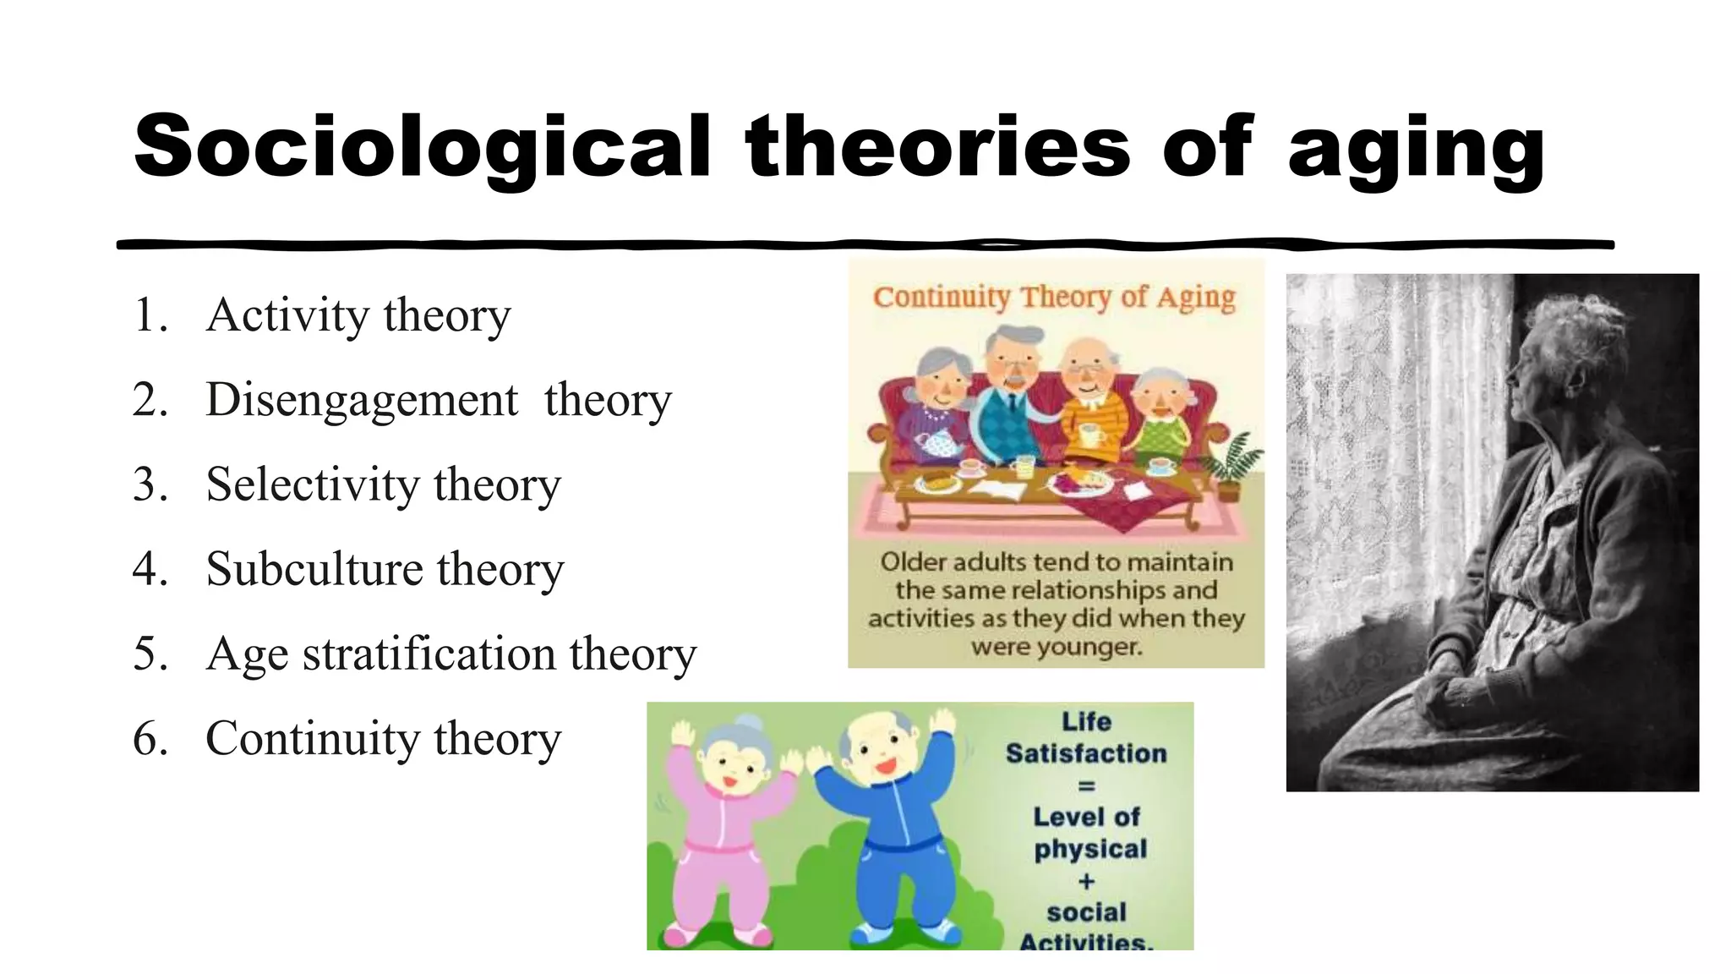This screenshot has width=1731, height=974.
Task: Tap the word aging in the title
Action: pos(1416,150)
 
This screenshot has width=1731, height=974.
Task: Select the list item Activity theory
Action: pos(358,315)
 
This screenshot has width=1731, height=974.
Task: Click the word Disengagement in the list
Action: pos(361,400)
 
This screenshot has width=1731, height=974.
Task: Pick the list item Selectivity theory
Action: pos(383,484)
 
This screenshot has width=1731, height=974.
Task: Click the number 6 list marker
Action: pos(150,738)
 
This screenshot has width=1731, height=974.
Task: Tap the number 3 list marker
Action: pos(150,484)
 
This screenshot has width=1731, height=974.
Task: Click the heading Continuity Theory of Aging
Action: pos(1054,297)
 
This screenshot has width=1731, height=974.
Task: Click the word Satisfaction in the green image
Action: pos(1086,753)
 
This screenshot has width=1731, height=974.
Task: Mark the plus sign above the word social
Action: pos(1086,881)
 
